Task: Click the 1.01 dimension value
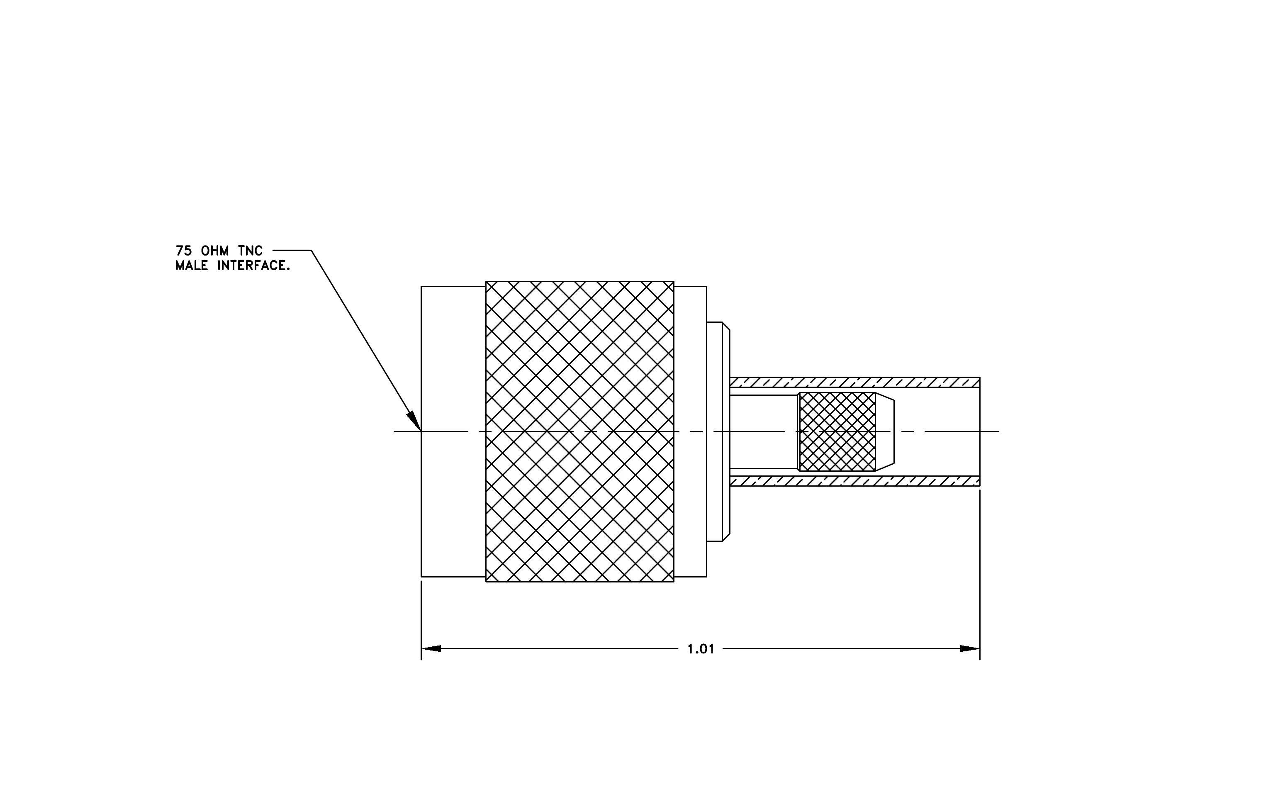701,649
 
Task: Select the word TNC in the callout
251,251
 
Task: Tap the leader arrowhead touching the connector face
414,421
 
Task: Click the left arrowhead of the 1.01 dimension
431,648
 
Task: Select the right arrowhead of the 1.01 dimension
970,648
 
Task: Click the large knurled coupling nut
579,431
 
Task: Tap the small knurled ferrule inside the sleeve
837,432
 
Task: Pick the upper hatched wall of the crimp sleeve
855,382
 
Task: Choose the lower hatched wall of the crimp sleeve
855,481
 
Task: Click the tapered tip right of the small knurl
885,432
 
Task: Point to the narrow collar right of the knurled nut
690,431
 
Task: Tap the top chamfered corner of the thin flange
726,326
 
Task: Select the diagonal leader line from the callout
366,341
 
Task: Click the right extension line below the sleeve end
980,575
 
